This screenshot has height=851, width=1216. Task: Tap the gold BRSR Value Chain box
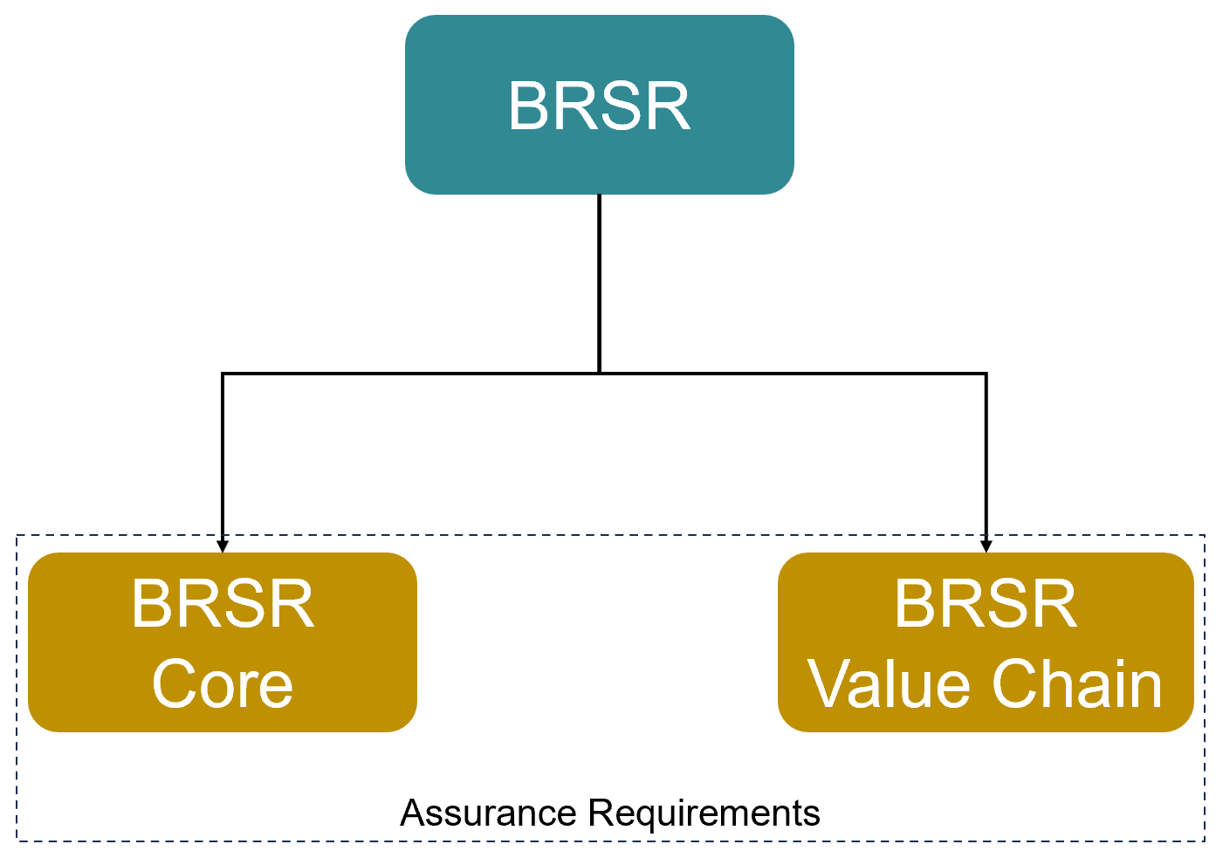coord(985,643)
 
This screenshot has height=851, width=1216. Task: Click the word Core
coord(223,685)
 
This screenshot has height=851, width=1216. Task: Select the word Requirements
coord(704,813)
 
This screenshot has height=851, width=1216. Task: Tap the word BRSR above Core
coord(223,604)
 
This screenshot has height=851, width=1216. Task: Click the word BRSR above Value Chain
coord(986,604)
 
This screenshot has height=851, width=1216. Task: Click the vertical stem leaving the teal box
coord(599,279)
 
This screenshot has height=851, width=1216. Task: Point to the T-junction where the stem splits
coord(599,374)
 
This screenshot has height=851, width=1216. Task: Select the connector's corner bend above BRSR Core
coord(223,374)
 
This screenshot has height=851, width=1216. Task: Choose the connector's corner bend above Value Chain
coord(986,374)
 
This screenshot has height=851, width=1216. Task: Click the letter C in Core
coord(172,685)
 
